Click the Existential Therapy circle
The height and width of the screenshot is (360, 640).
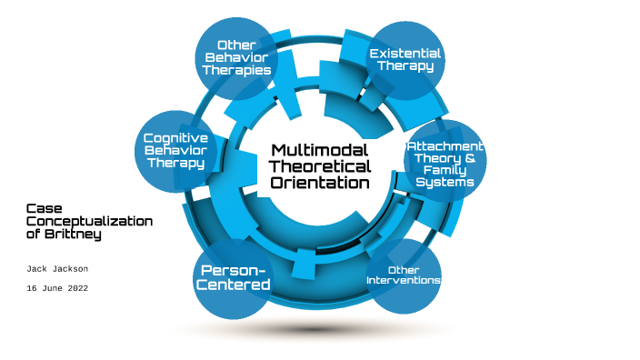(405, 60)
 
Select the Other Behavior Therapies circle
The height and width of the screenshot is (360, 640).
(236, 57)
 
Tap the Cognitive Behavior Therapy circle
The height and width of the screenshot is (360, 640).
(175, 151)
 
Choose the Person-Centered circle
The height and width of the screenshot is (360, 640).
(235, 277)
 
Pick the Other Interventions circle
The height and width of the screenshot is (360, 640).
(403, 275)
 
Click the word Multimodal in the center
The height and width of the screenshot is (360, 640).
(321, 150)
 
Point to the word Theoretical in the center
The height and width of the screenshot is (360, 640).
(321, 166)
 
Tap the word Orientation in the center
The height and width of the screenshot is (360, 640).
(321, 183)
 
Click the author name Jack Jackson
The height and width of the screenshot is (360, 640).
(56, 269)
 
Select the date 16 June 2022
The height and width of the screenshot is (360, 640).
(56, 287)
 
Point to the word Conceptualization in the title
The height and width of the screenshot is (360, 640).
(89, 221)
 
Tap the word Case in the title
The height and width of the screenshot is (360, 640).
(43, 208)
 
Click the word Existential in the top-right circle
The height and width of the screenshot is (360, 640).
(405, 54)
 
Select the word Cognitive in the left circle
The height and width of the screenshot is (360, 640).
(175, 138)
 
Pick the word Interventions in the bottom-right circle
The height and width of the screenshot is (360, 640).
(403, 280)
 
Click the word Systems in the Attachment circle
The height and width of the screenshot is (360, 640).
(445, 183)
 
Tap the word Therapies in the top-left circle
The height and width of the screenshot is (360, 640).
(236, 69)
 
